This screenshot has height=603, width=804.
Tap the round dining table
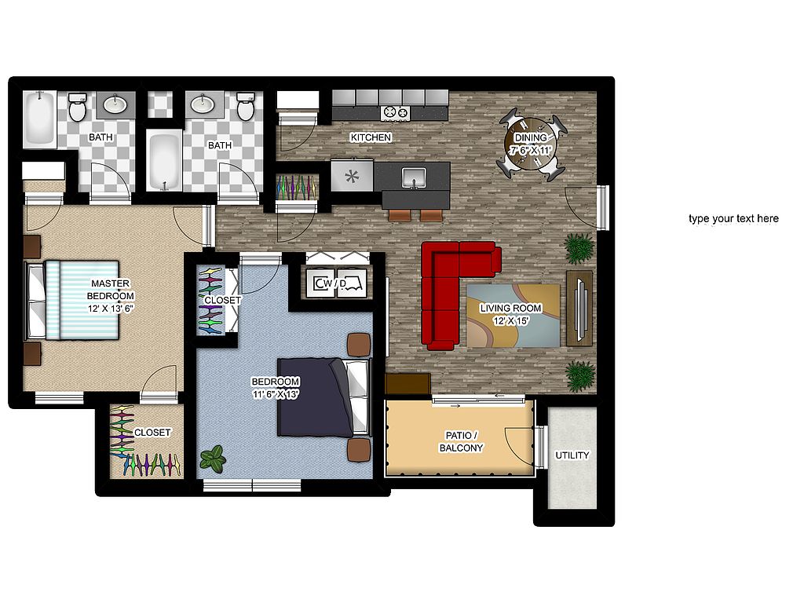531,144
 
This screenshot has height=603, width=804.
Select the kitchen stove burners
396,111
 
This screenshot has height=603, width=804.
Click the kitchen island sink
414,177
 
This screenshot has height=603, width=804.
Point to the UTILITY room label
572,455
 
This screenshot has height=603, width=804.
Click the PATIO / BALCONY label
462,441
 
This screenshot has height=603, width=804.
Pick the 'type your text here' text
733,218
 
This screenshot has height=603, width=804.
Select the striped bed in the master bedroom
72,300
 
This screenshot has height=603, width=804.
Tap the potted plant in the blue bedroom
213,459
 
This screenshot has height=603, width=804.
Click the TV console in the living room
579,308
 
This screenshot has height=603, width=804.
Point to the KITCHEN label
371,137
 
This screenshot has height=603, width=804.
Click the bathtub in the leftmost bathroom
39,118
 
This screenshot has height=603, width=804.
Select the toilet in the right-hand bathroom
246,106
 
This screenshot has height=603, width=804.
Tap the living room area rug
513,316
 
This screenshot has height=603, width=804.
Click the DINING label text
531,137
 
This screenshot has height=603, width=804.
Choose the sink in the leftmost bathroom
115,104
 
